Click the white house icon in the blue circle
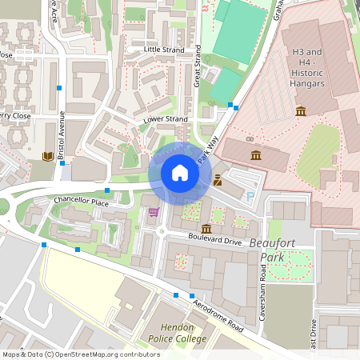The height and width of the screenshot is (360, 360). click(x=180, y=173)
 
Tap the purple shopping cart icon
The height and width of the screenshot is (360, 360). click(x=153, y=212)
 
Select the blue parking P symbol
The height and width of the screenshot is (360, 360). click(x=250, y=196)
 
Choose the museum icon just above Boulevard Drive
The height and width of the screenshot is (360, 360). click(x=206, y=229)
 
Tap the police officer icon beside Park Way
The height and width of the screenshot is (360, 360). click(x=218, y=181)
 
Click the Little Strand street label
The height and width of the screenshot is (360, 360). click(x=163, y=50)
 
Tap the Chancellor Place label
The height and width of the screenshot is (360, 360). click(x=81, y=202)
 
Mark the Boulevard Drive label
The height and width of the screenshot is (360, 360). click(x=214, y=240)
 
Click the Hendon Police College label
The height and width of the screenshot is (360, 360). click(x=171, y=334)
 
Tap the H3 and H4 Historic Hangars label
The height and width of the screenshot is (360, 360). click(x=307, y=68)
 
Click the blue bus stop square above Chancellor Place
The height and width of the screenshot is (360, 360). click(x=107, y=190)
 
